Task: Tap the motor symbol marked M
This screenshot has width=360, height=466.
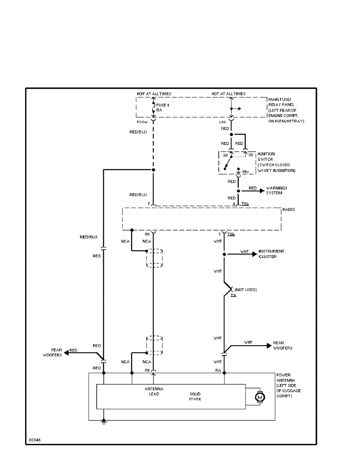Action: tap(259, 397)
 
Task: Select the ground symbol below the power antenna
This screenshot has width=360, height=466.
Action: tap(104, 422)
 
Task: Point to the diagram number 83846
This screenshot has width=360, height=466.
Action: tap(35, 440)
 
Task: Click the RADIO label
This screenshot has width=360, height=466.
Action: tap(289, 210)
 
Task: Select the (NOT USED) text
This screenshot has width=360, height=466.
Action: tap(245, 289)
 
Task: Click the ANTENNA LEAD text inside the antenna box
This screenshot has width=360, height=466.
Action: tap(154, 391)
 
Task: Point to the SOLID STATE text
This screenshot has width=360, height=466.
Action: tap(195, 396)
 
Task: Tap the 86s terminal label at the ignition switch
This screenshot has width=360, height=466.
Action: tap(245, 171)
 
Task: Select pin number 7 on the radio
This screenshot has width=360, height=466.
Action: tap(149, 204)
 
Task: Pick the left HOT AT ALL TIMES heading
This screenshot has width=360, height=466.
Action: tap(153, 94)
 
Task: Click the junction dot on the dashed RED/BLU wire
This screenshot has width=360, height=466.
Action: tap(153, 170)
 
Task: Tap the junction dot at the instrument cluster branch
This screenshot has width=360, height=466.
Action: tap(224, 254)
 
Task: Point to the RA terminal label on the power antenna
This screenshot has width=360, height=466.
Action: tap(218, 370)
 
